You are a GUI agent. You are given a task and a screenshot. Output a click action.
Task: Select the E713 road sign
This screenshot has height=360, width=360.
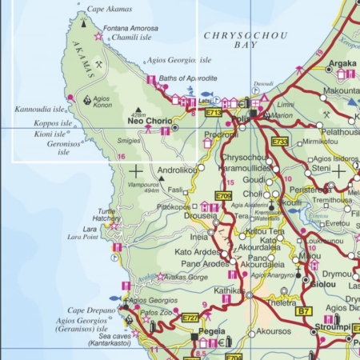214,113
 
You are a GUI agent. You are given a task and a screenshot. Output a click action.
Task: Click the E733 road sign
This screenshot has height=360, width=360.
279,142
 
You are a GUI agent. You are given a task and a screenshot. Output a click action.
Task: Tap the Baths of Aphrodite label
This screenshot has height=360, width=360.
189,78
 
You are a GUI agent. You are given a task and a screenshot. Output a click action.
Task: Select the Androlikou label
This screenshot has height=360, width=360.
176,170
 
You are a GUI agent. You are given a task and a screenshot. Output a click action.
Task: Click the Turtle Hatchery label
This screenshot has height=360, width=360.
106,215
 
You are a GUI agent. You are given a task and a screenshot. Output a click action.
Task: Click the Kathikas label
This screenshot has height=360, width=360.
229,290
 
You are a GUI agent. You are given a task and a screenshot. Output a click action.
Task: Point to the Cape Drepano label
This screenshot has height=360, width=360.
86,310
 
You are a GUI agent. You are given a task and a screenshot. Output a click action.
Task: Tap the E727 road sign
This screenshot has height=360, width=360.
190,318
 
